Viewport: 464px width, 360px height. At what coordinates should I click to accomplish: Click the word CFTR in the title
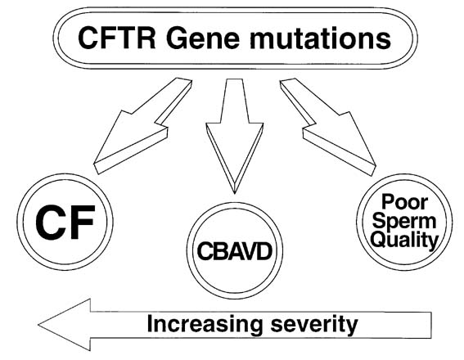pyautogui.click(x=116, y=38)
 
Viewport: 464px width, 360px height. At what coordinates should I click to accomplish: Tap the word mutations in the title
pyautogui.click(x=320, y=38)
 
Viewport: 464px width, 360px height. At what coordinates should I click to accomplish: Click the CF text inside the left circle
pyautogui.click(x=65, y=223)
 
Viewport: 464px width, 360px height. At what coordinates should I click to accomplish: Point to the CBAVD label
pyautogui.click(x=234, y=251)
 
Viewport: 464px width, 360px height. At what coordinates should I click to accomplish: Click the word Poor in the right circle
pyautogui.click(x=404, y=202)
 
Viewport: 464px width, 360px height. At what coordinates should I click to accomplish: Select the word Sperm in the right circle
pyautogui.click(x=404, y=221)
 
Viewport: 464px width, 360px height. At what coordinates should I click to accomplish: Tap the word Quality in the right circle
pyautogui.click(x=404, y=240)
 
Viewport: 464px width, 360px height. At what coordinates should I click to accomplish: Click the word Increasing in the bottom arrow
pyautogui.click(x=205, y=325)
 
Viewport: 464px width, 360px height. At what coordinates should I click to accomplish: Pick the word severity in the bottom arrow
pyautogui.click(x=314, y=325)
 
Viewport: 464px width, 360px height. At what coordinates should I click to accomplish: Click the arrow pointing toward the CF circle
pyautogui.click(x=143, y=126)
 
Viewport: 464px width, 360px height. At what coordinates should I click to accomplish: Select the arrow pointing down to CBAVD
pyautogui.click(x=235, y=136)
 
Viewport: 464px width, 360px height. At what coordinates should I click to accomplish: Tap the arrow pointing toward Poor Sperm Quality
pyautogui.click(x=328, y=127)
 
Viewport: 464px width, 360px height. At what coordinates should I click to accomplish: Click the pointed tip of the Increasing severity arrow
pyautogui.click(x=38, y=325)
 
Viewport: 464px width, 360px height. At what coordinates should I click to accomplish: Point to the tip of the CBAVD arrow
pyautogui.click(x=235, y=193)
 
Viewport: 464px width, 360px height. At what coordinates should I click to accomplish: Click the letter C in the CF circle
pyautogui.click(x=50, y=223)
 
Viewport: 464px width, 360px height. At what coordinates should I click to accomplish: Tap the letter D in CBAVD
pyautogui.click(x=264, y=251)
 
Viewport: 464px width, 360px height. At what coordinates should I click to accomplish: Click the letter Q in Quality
pyautogui.click(x=379, y=239)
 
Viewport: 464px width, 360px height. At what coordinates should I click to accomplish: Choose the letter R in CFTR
pyautogui.click(x=145, y=38)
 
